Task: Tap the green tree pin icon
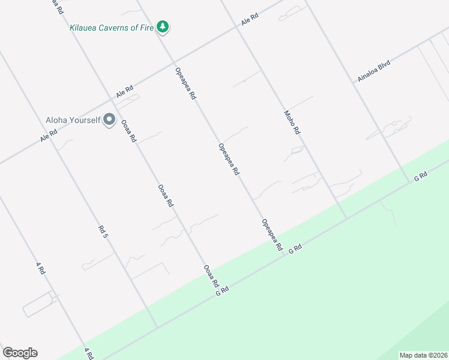tap(162, 27)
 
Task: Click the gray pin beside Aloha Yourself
tap(109, 120)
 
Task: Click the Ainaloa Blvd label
tap(374, 71)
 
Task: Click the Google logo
tap(20, 353)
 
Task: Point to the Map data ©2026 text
tap(423, 355)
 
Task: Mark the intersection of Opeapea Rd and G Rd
tap(284, 257)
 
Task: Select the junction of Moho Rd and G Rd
tap(346, 218)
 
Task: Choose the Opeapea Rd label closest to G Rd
tap(272, 235)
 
